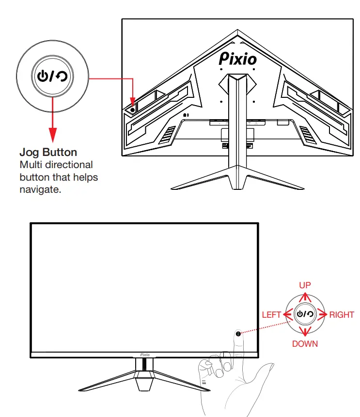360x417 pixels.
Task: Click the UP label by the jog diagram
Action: [x=305, y=285]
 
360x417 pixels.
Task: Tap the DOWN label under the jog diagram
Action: [x=305, y=343]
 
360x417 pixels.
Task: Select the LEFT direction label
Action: [x=271, y=315]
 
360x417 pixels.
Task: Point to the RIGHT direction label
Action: [x=342, y=315]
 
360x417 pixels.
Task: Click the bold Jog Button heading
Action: [x=48, y=152]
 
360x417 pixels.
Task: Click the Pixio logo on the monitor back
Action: [x=238, y=59]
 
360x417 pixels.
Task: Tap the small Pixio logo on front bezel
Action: [x=145, y=354]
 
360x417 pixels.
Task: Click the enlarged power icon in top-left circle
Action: [x=44, y=76]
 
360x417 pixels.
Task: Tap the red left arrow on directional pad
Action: [x=287, y=314]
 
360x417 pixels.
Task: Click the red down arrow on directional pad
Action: [x=305, y=332]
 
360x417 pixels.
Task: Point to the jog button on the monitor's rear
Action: [x=132, y=109]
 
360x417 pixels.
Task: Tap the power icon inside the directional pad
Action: [x=301, y=314]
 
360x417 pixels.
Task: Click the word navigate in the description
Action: [x=40, y=189]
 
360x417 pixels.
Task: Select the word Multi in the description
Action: [x=30, y=165]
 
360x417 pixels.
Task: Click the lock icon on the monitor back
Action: [x=186, y=115]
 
